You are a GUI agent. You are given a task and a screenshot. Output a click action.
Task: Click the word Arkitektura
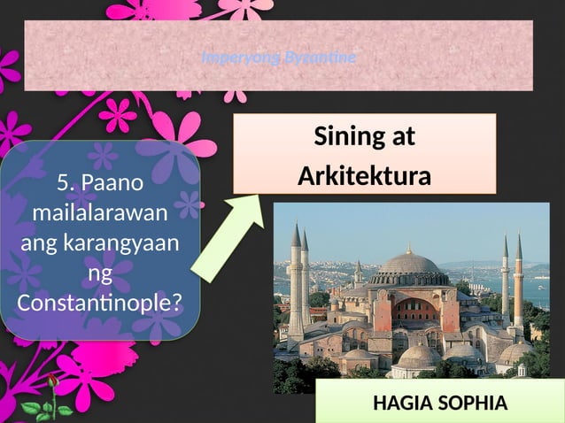point(364,175)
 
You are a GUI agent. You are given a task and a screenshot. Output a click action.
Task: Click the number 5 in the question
point(63,183)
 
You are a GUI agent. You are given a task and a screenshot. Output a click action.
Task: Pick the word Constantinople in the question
point(90,304)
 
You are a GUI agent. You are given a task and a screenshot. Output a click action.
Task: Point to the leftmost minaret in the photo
point(296,283)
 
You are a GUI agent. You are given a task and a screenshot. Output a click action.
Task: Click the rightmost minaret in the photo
point(519,283)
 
